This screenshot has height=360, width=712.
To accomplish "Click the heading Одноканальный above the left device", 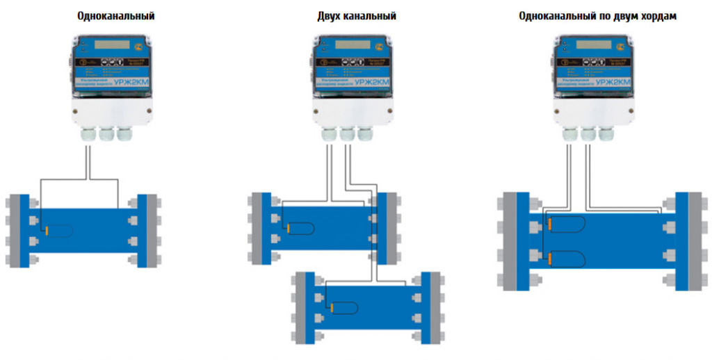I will click(116, 15).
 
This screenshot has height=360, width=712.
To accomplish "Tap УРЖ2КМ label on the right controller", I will click(619, 85).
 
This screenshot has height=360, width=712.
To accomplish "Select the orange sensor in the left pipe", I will click(47, 230).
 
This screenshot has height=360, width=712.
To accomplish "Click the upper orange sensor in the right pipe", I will click(549, 224).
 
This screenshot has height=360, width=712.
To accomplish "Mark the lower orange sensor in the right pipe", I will click(549, 259).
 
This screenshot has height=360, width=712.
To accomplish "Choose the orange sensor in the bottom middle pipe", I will click(331, 307).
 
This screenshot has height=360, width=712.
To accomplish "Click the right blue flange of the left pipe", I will click(143, 230).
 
